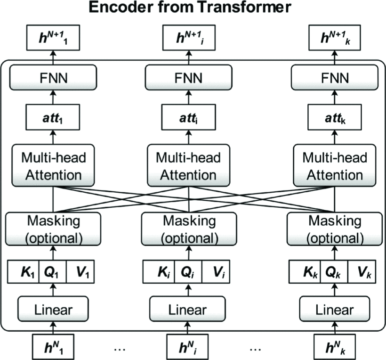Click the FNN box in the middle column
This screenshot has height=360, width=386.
188,77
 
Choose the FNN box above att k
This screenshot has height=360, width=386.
335,77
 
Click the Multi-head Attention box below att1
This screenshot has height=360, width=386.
52,166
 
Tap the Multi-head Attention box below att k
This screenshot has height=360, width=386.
335,166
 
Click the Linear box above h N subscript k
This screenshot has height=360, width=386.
335,310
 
